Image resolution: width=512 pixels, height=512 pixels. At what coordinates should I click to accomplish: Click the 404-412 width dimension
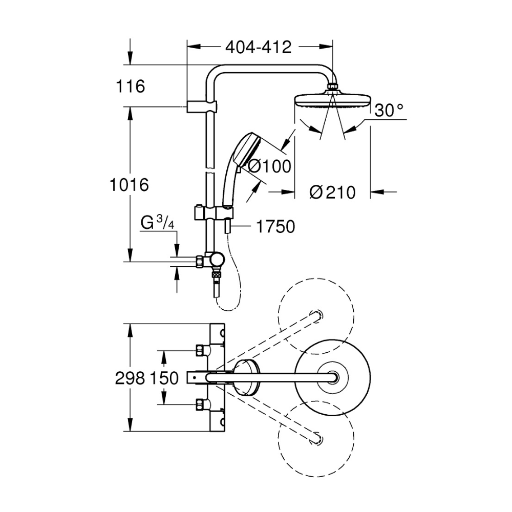(258, 47)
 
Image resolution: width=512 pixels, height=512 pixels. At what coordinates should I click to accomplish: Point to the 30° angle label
(389, 110)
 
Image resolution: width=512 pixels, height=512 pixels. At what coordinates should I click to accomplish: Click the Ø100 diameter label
(269, 166)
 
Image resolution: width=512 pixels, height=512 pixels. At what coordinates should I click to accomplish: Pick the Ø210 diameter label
(332, 193)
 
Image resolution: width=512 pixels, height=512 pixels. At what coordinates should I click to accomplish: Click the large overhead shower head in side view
(333, 100)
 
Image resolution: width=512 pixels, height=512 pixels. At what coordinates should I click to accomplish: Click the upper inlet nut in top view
(200, 351)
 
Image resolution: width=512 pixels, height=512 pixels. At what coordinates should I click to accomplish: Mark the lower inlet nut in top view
(200, 404)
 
